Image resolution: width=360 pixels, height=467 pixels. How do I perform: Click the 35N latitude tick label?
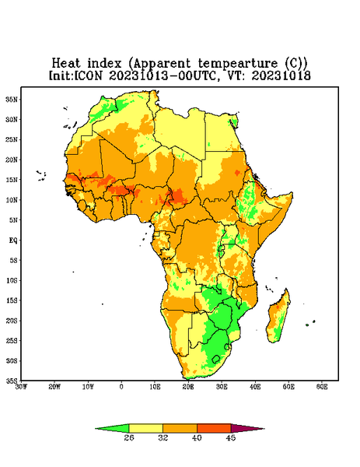tap(12, 100)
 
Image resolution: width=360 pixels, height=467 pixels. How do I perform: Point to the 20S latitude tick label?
tap(12, 321)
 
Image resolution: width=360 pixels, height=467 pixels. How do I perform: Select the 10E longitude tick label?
tap(155, 387)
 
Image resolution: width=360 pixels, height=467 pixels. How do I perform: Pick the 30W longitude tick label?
tap(21, 387)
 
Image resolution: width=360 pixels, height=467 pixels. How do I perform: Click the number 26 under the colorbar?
tap(129, 437)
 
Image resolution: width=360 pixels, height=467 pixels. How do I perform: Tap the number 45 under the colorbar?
tap(231, 437)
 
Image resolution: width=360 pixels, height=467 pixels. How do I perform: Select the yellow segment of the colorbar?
tap(145, 428)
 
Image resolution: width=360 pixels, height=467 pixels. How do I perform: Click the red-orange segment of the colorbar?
tap(214, 428)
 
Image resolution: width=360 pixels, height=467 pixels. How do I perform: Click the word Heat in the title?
tap(66, 63)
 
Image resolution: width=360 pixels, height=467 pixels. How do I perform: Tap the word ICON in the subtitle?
tap(88, 75)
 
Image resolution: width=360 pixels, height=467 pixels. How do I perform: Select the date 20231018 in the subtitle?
tap(281, 75)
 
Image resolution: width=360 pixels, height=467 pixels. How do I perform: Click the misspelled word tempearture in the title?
tap(238, 64)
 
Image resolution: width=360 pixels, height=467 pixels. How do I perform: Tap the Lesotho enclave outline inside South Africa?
tap(216, 359)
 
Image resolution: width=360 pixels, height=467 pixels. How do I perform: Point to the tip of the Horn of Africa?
tap(292, 194)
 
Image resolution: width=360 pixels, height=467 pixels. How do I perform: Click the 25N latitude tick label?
tap(12, 139)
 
